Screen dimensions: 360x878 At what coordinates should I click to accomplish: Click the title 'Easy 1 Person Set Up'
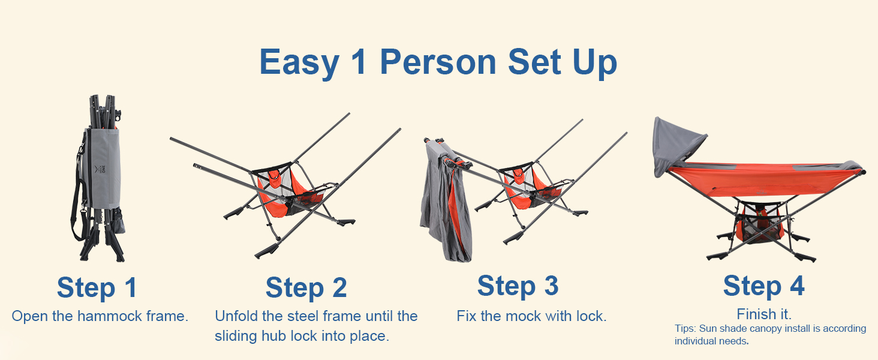pos(438,62)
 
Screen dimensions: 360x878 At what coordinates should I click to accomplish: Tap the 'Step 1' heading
pos(97,287)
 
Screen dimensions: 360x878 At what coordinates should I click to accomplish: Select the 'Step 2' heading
pos(306,287)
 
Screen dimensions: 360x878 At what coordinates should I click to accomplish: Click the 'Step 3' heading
pos(518,286)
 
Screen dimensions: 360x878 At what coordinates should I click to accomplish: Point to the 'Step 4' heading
pos(763,286)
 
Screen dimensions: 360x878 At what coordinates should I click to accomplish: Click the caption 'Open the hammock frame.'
pos(100,316)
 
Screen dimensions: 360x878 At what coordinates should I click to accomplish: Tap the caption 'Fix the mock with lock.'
pos(531,316)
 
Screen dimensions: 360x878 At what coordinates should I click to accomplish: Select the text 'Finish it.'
pos(764,314)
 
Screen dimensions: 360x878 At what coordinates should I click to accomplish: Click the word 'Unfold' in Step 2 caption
pos(236,316)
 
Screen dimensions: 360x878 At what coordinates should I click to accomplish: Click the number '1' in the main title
pos(359,62)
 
